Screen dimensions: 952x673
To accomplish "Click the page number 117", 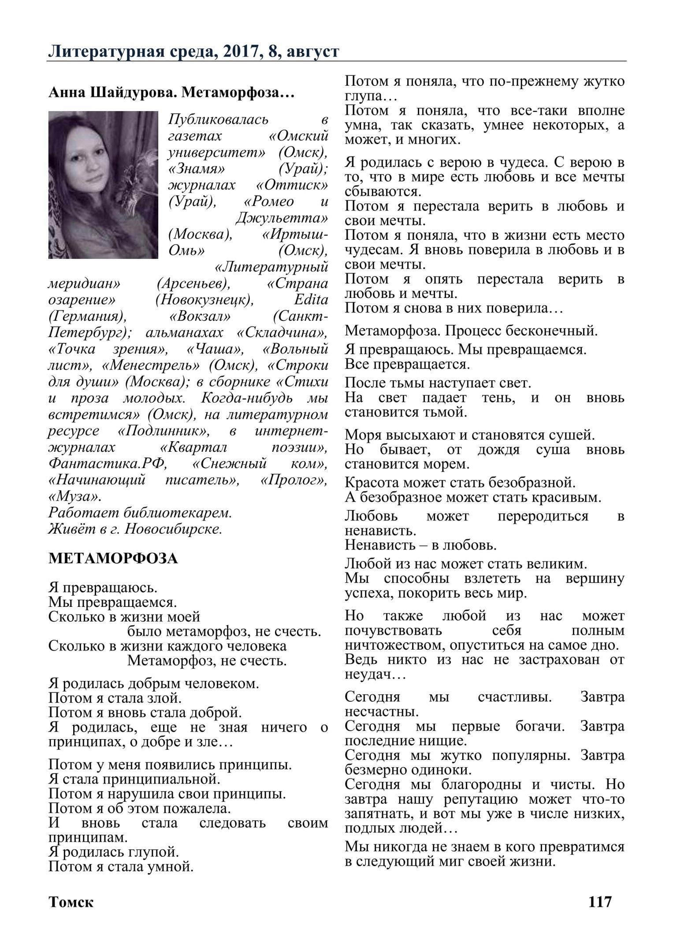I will [600, 901].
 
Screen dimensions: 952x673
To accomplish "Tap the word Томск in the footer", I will [71, 902].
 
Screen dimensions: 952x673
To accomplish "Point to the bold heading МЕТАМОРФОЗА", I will [113, 558].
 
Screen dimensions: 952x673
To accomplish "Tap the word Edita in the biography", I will [311, 300].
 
